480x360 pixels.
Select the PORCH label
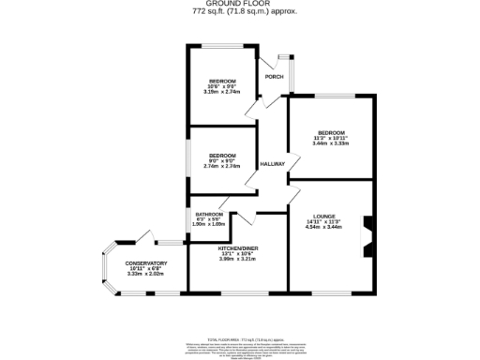click(274, 77)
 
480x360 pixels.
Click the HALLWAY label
click(272, 163)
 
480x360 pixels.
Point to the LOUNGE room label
click(324, 215)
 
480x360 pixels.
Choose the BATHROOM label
click(208, 214)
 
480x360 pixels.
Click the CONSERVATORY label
click(145, 263)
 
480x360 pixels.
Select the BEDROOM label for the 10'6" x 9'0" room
click(222, 81)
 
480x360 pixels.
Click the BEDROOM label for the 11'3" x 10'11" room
click(331, 132)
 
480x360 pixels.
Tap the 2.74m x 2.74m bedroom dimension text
click(222, 166)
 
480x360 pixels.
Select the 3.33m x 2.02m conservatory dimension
click(145, 275)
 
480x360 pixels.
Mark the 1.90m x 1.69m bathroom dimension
click(208, 225)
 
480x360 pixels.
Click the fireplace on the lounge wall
click(367, 234)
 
